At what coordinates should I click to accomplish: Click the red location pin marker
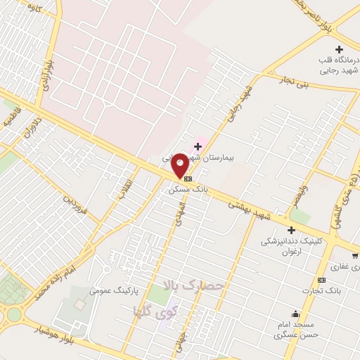(180, 164)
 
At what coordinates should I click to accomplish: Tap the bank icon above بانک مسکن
(187, 179)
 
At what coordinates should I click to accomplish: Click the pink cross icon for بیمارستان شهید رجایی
(198, 146)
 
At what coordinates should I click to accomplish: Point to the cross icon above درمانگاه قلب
(340, 49)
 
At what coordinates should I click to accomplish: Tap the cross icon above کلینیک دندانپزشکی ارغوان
(290, 229)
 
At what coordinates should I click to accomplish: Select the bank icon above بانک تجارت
(321, 279)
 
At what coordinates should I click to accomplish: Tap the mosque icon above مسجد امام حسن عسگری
(295, 314)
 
